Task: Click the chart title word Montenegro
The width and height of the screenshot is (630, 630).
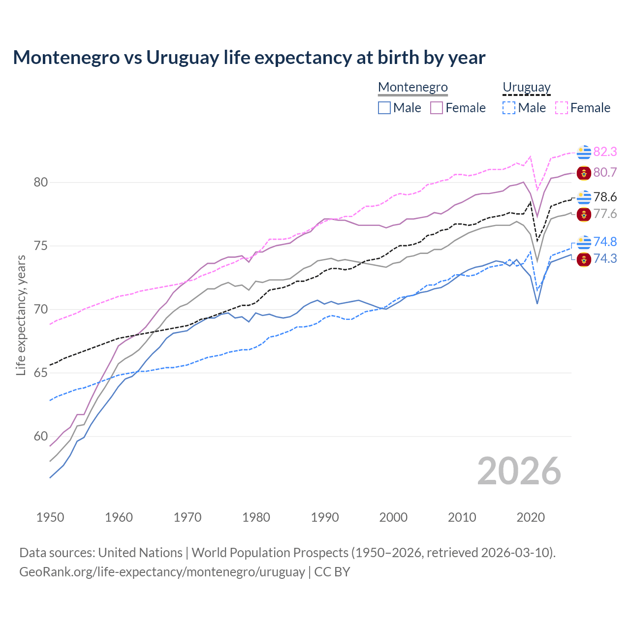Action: [66, 58]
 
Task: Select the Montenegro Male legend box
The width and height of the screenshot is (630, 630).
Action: [384, 108]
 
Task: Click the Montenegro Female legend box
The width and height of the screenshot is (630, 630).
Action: [437, 108]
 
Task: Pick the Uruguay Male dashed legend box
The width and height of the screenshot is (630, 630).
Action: [509, 108]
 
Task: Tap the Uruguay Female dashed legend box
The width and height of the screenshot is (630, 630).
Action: [562, 108]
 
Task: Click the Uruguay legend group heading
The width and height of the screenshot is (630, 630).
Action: [526, 87]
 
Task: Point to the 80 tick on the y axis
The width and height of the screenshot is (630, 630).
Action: [40, 183]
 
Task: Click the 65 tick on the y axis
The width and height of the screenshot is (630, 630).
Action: [40, 373]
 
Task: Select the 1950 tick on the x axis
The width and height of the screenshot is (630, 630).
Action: [50, 517]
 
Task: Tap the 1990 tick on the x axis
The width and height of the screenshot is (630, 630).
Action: [325, 517]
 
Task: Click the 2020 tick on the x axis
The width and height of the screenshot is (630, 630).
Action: [531, 517]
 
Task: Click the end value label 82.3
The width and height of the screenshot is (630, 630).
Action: [605, 152]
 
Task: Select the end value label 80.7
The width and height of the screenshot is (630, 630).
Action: [605, 172]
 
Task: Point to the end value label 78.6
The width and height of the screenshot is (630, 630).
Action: [605, 197]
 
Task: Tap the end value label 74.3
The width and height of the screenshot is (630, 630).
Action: [605, 259]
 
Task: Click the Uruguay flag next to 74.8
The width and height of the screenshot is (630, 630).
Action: [584, 242]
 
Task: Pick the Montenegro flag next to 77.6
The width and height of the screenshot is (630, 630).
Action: [584, 215]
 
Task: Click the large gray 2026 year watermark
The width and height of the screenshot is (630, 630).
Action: [519, 471]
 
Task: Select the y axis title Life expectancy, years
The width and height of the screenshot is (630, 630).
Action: [21, 315]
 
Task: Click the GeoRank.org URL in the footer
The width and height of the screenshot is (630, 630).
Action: [162, 572]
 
